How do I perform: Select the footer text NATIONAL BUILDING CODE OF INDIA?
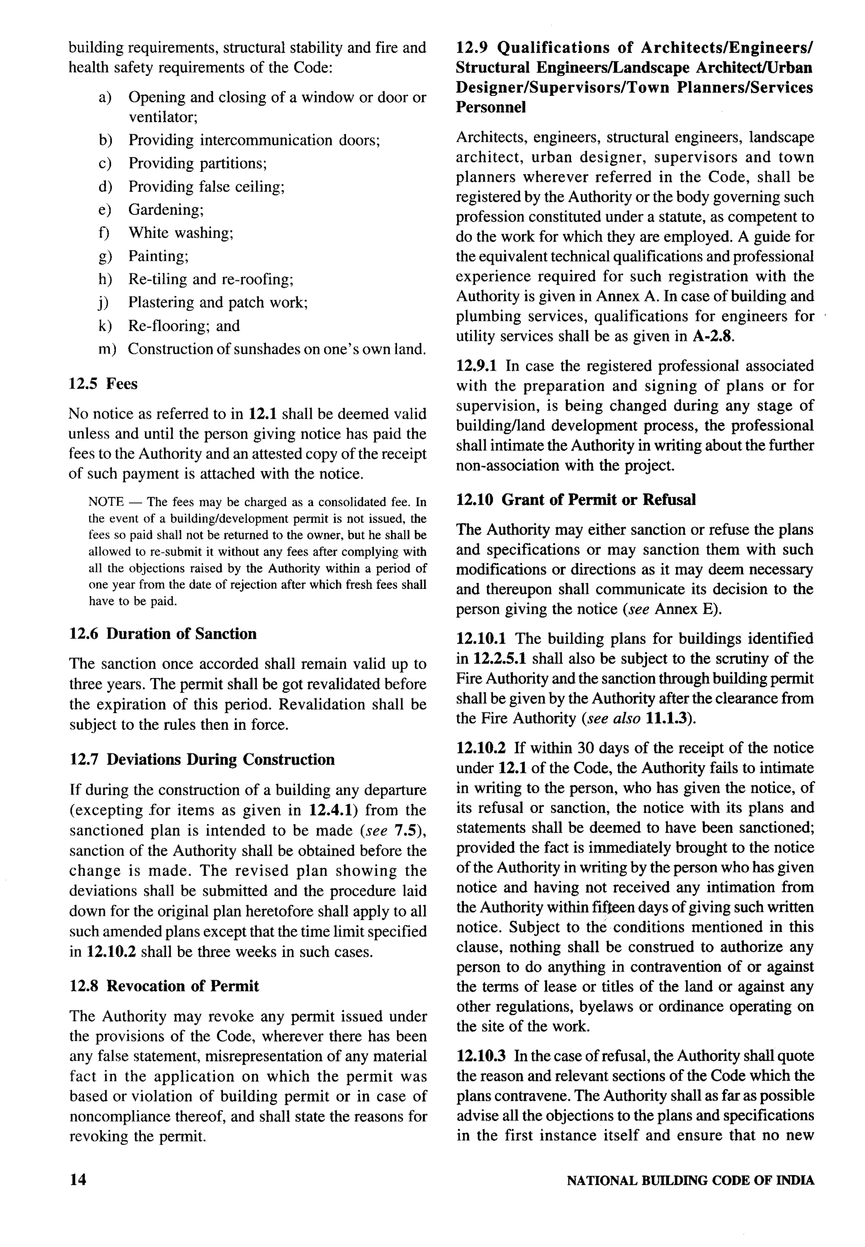690,1180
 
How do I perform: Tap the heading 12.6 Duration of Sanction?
163,633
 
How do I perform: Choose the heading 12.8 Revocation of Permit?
164,985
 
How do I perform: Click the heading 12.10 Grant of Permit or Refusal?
576,499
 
